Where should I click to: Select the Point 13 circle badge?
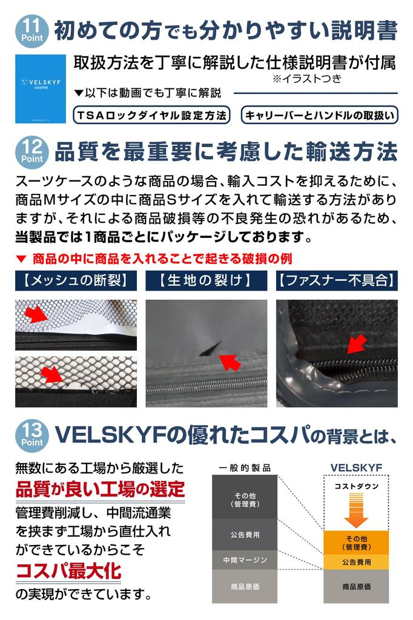click(x=35, y=434)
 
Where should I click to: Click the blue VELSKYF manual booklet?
click(x=41, y=89)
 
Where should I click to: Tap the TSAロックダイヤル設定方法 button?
click(x=151, y=114)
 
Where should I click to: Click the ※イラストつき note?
click(x=306, y=78)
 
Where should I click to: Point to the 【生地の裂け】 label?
click(x=206, y=281)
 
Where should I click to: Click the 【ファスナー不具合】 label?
click(x=337, y=281)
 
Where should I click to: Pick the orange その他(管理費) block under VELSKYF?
click(x=355, y=542)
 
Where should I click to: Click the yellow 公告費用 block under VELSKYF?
click(x=355, y=562)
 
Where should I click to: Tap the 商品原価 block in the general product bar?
click(x=245, y=587)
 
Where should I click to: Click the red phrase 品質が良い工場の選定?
click(x=100, y=488)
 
